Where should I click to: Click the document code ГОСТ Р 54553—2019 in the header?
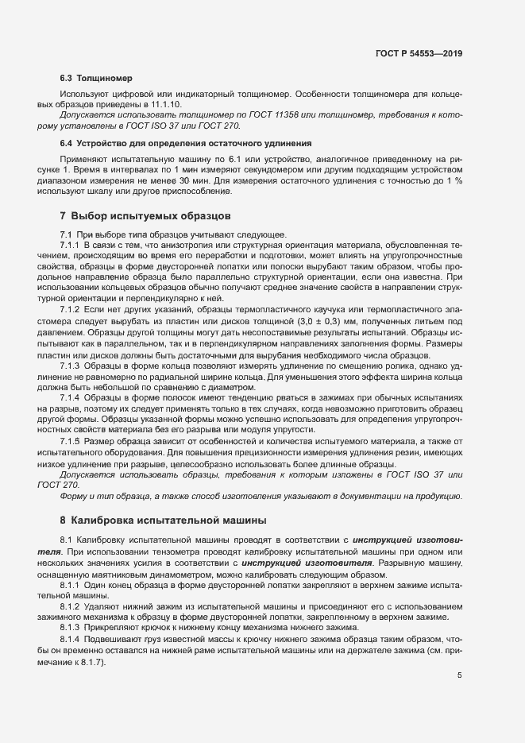419,53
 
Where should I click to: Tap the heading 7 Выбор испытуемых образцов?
145,216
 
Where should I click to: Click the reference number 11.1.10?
163,104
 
